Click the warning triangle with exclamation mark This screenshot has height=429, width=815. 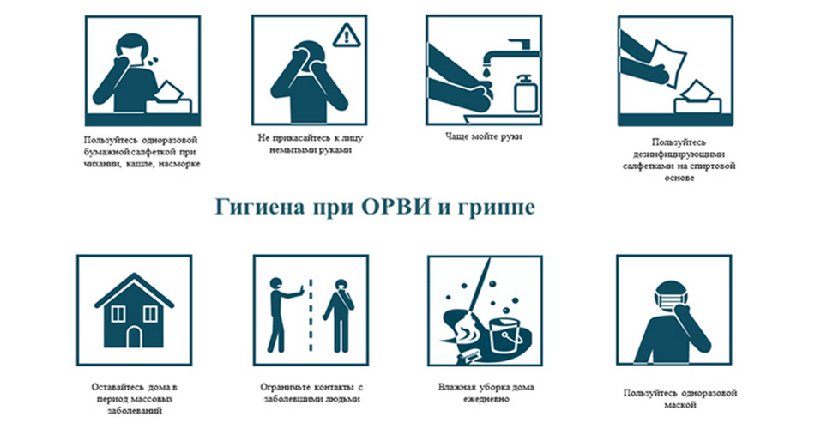[x=346, y=35]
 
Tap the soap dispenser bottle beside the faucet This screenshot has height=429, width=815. [x=525, y=93]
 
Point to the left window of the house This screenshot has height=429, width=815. [x=118, y=313]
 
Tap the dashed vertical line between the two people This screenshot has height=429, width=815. [x=311, y=315]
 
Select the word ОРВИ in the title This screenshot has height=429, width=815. [x=396, y=207]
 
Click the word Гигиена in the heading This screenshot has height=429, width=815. [x=260, y=208]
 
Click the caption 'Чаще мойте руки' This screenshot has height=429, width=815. [x=483, y=136]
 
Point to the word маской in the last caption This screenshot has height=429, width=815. [x=679, y=405]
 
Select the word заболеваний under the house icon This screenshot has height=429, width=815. [x=135, y=411]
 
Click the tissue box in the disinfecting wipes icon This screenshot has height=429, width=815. [x=697, y=98]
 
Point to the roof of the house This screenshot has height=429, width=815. [x=134, y=289]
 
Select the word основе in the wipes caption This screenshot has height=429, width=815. [x=679, y=178]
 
